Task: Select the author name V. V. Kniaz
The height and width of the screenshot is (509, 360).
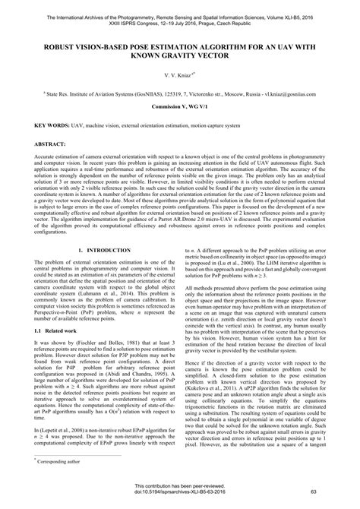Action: click(x=178, y=74)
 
